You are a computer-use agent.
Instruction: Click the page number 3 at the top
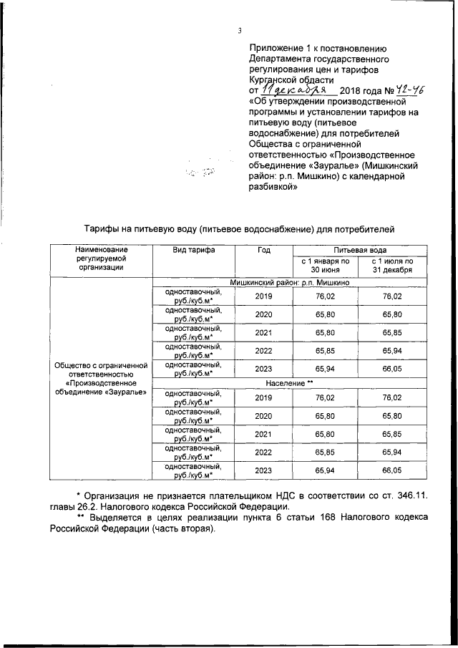240,29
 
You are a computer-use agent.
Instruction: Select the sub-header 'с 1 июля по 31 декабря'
392,266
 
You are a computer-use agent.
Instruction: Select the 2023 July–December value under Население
392,470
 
